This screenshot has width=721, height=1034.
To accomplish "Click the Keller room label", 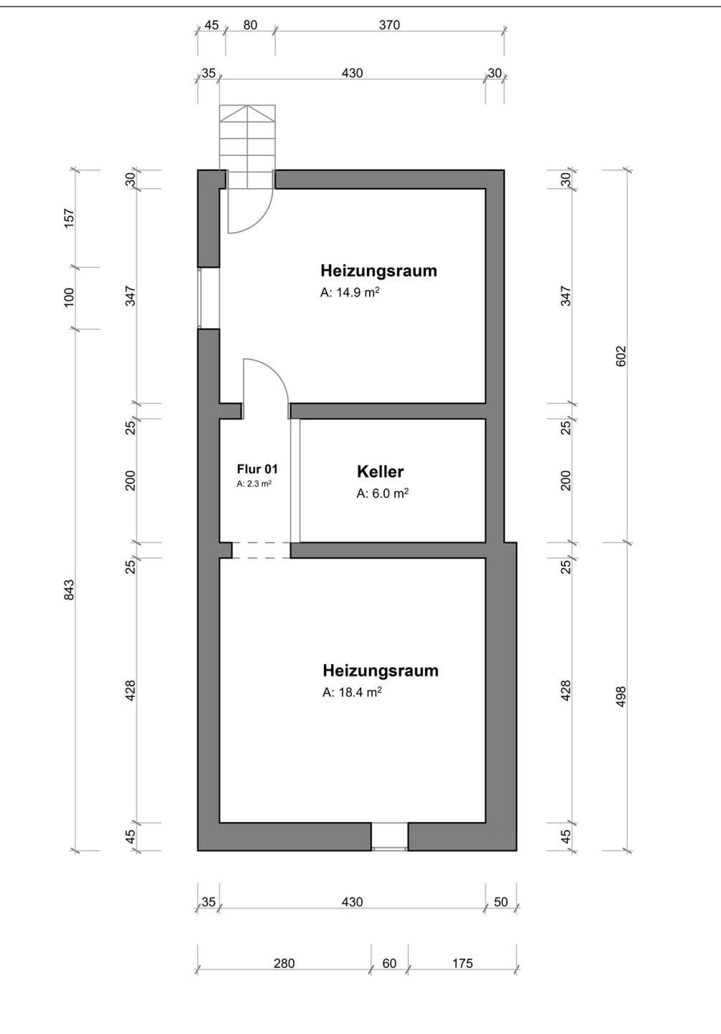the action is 380,472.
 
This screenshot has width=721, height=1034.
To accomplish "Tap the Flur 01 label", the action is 257,469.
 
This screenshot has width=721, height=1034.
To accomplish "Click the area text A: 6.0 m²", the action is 382,494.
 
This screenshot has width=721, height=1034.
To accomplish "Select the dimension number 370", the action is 389,25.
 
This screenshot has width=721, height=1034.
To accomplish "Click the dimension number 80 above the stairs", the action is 250,25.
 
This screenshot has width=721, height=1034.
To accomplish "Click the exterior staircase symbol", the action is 247,146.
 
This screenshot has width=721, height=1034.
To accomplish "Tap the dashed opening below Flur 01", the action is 261,550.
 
